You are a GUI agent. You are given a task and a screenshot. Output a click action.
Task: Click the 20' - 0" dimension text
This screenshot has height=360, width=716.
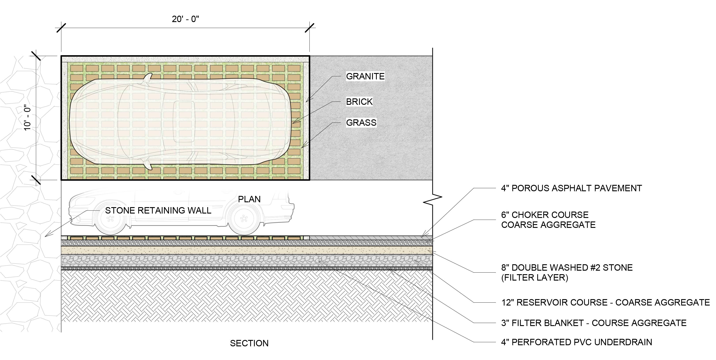pyautogui.click(x=185, y=19)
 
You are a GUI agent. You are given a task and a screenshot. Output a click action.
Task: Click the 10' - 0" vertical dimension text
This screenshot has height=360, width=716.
pyautogui.click(x=28, y=118)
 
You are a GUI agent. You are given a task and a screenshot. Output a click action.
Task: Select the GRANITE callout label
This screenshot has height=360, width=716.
pyautogui.click(x=365, y=76)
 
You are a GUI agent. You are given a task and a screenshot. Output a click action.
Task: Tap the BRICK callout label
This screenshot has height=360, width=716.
pyautogui.click(x=359, y=102)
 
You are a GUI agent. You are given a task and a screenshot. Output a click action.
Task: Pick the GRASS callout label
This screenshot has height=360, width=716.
pyautogui.click(x=361, y=122)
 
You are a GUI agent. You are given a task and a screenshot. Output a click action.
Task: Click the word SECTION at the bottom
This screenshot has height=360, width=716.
pyautogui.click(x=249, y=343)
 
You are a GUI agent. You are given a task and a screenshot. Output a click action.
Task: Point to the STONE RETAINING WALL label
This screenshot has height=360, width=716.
pyautogui.click(x=158, y=211)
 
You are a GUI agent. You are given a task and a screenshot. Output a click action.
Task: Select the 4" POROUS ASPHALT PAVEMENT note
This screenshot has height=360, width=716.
pyautogui.click(x=571, y=188)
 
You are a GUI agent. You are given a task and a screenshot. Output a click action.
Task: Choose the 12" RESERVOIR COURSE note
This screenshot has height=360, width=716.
pyautogui.click(x=605, y=302)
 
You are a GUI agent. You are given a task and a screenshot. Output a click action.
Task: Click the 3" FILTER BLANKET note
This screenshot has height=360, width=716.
pyautogui.click(x=594, y=323)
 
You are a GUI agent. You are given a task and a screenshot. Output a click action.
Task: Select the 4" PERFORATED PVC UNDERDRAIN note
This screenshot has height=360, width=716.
pyautogui.click(x=577, y=342)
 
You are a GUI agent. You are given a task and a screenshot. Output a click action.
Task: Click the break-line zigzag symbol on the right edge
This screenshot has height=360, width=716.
pyautogui.click(x=432, y=198)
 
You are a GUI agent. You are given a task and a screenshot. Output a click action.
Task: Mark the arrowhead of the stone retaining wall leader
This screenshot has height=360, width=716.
pyautogui.click(x=46, y=236)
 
